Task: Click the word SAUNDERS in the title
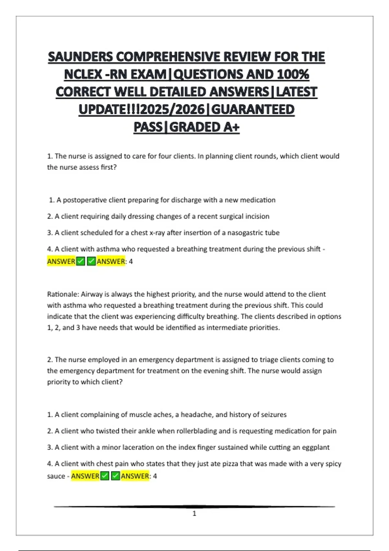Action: click(81, 57)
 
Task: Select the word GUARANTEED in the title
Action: click(253, 110)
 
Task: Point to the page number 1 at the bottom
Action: click(194, 513)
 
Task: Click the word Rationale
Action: click(63, 294)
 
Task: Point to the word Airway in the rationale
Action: click(92, 294)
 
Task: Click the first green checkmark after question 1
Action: click(80, 261)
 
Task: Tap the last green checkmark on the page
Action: click(115, 476)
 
